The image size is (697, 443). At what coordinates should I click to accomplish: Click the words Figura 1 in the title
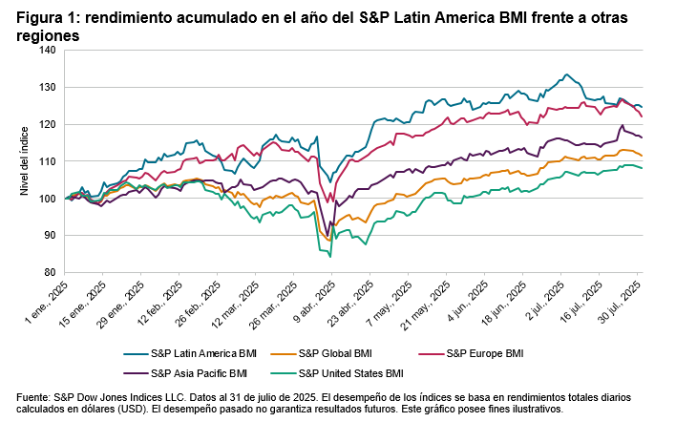[44, 16]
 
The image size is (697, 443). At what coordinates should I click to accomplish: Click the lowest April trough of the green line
[330, 256]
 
